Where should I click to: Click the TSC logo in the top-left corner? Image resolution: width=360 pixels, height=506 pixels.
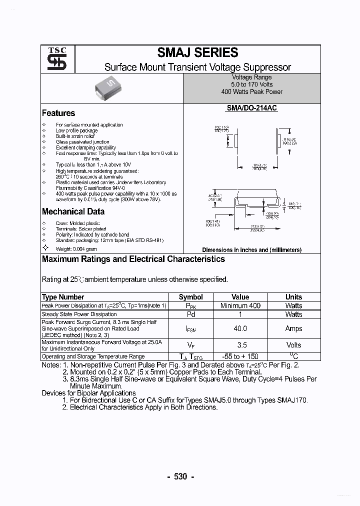pyautogui.click(x=53, y=59)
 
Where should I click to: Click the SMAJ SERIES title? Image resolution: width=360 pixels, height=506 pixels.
pyautogui.click(x=197, y=52)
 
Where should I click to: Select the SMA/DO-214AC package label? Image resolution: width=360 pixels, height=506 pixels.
pyautogui.click(x=251, y=108)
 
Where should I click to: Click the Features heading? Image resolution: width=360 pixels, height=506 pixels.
pyautogui.click(x=58, y=113)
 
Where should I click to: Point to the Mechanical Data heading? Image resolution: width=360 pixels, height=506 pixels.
pyautogui.click(x=73, y=211)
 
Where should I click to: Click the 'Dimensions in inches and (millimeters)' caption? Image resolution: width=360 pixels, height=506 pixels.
pyautogui.click(x=251, y=249)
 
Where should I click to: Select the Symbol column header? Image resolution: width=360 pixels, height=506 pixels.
pyautogui.click(x=190, y=297)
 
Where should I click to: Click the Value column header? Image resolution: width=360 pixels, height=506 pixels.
pyautogui.click(x=240, y=297)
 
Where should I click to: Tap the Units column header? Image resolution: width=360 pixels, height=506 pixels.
pyautogui.click(x=293, y=297)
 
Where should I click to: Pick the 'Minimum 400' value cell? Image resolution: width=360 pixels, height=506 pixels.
pyautogui.click(x=240, y=305)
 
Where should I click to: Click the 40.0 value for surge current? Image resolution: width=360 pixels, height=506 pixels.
pyautogui.click(x=240, y=328)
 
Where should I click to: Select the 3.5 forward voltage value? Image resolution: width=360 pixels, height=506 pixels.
pyautogui.click(x=240, y=345)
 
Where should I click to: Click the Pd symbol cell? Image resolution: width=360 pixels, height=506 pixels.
pyautogui.click(x=190, y=314)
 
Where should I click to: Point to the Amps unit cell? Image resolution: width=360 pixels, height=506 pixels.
pyautogui.click(x=293, y=328)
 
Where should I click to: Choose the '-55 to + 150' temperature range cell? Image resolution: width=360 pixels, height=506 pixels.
pyautogui.click(x=240, y=356)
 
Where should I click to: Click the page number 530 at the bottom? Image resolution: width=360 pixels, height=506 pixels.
pyautogui.click(x=180, y=476)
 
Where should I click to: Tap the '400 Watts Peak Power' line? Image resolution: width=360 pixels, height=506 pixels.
pyautogui.click(x=251, y=92)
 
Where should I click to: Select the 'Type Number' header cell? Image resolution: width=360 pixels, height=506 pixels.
pyautogui.click(x=63, y=297)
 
